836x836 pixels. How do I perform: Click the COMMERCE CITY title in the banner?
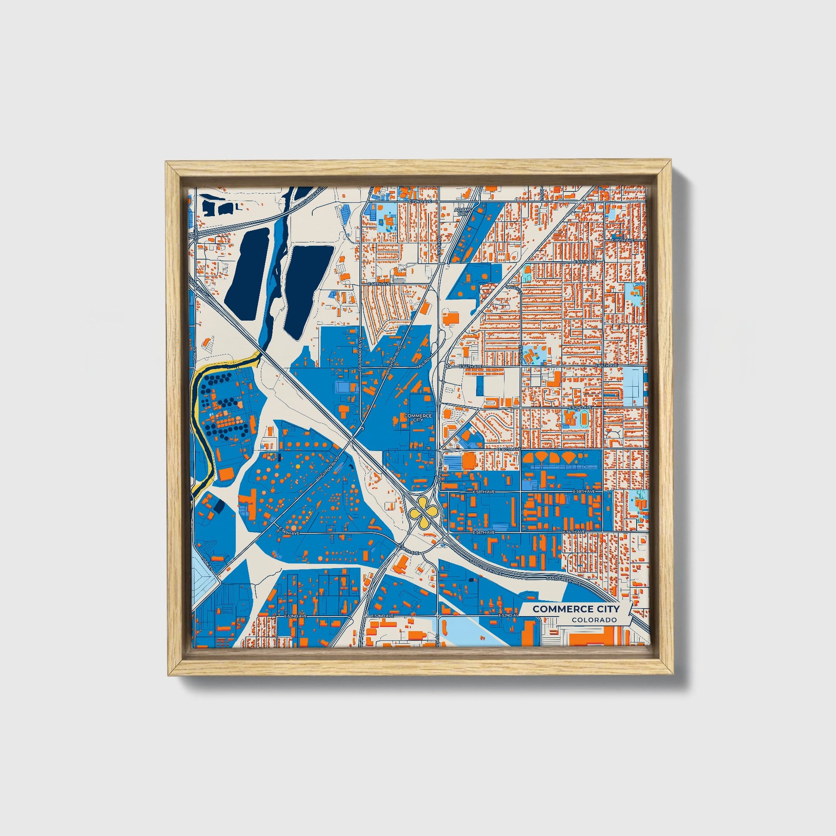pos(576,609)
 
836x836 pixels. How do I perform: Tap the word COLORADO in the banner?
pos(594,620)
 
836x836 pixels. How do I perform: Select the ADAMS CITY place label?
pos(461,211)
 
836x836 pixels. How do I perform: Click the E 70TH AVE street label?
pos(622,240)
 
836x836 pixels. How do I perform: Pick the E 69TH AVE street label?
pos(585,262)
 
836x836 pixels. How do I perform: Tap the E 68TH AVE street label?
pos(379,284)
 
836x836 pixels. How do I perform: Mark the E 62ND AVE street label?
pos(580,408)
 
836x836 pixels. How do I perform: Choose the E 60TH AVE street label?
pos(509,450)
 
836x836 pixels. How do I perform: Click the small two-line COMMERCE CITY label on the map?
pos(418,418)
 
